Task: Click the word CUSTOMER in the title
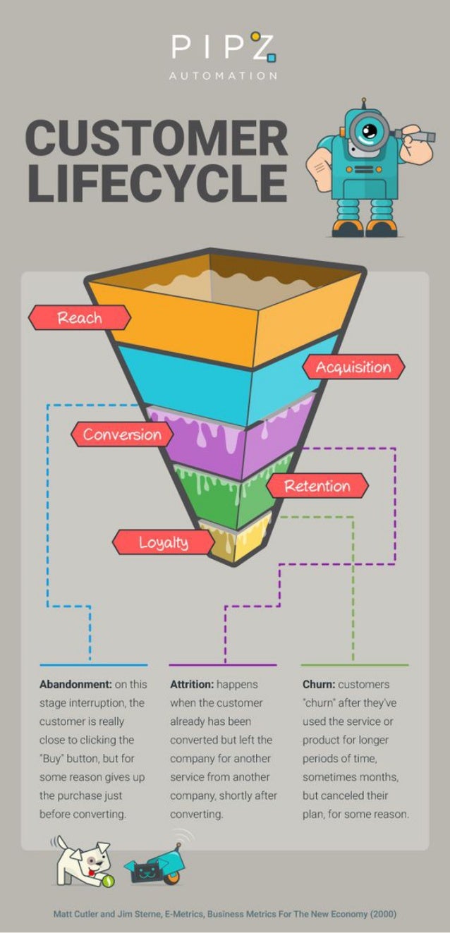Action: [157, 138]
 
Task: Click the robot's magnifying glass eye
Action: [367, 129]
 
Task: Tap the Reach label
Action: [80, 317]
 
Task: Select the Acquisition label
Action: [353, 367]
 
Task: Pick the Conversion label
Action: [122, 434]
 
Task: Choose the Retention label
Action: [317, 485]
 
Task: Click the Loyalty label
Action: [163, 542]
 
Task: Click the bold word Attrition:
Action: [192, 684]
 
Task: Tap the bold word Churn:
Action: [319, 684]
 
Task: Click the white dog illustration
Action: [82, 860]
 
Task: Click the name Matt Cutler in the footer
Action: [77, 914]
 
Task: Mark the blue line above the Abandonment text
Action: [93, 664]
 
